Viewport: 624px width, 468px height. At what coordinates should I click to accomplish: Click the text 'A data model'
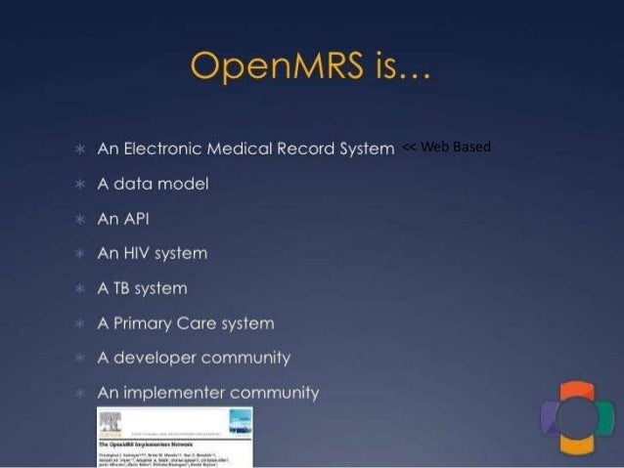pyautogui.click(x=153, y=183)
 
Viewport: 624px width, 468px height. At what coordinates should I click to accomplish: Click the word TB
pyautogui.click(x=124, y=288)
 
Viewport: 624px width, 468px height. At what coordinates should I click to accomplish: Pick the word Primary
pyautogui.click(x=142, y=322)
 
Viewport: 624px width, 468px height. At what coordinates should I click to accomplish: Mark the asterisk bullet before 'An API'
pyautogui.click(x=77, y=219)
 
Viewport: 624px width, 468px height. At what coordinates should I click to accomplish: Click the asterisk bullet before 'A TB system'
pyautogui.click(x=77, y=289)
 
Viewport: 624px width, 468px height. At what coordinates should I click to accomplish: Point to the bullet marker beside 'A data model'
pyautogui.click(x=77, y=184)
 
